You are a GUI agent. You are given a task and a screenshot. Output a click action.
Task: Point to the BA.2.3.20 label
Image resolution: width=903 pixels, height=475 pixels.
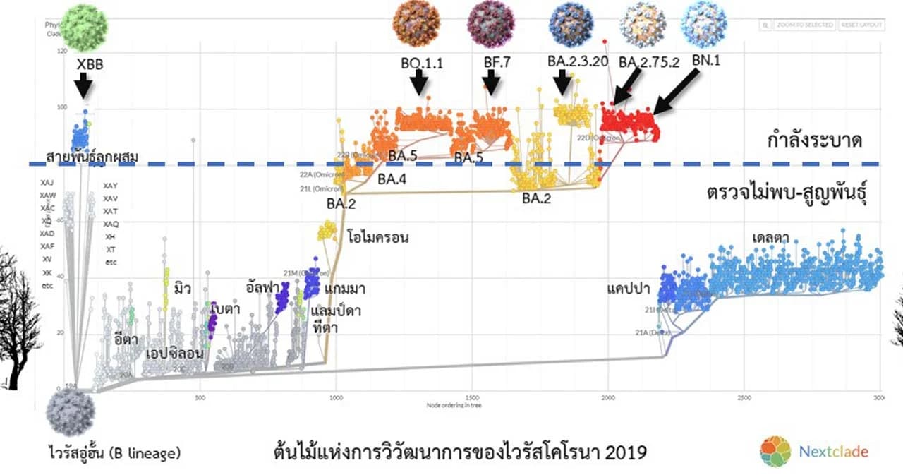pos(577,61)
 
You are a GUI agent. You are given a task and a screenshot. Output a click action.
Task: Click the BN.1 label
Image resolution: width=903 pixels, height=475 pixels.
pos(705,61)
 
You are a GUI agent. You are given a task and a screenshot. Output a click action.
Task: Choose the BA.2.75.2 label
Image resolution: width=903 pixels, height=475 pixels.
pos(648,62)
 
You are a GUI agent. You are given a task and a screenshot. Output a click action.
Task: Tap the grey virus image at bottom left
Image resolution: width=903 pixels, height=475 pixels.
pos(70,414)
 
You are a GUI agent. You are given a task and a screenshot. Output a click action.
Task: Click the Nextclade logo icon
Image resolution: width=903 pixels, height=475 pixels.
pos(775,451)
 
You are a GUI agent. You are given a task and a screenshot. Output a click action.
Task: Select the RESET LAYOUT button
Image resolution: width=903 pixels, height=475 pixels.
pos(861,25)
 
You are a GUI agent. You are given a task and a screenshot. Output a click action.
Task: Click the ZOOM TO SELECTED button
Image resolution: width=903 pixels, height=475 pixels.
pos(804,25)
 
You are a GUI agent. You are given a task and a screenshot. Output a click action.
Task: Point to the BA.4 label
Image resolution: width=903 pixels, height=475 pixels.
pos(392,179)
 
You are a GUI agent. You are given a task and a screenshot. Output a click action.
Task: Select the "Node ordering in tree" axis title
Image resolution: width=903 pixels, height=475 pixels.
pos(454,406)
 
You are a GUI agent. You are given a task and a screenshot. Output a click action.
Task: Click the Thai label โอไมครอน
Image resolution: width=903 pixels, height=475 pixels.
pos(378,238)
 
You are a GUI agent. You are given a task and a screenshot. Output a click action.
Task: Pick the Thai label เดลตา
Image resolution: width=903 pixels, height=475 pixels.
pos(770,237)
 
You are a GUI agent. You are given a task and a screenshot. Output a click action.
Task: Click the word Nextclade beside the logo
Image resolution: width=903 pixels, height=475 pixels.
pos(834,451)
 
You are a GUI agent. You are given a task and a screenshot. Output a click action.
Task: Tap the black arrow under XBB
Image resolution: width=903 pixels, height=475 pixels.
pos(83,86)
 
